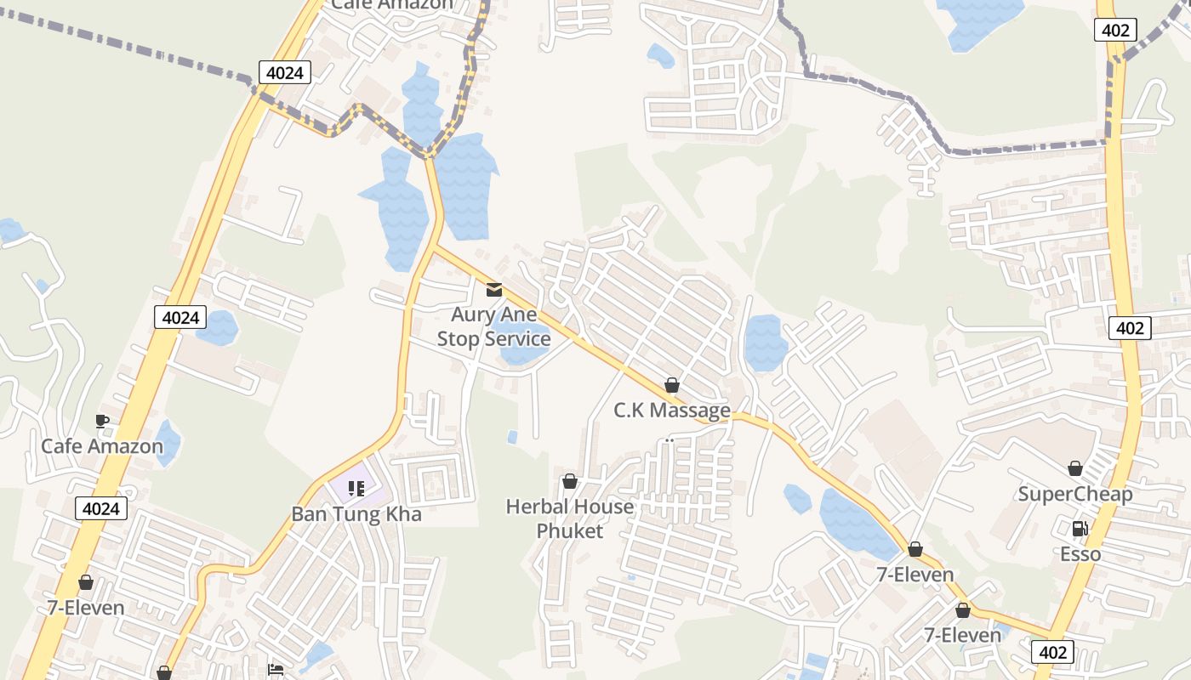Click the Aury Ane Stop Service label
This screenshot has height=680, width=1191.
493,327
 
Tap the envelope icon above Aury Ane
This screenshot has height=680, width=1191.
493,290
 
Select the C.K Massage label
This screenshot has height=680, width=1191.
672,411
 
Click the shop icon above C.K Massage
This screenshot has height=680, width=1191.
672,386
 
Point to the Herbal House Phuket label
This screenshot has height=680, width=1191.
570,518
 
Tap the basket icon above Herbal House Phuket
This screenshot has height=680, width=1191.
570,482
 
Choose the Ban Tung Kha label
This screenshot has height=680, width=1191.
356,514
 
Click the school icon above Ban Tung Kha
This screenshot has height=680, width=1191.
356,489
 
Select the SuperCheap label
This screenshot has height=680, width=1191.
1075,495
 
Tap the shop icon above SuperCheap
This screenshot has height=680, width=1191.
1075,468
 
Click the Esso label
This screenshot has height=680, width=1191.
1080,554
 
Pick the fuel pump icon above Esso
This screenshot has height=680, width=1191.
1080,529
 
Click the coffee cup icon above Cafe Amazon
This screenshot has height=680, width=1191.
102,421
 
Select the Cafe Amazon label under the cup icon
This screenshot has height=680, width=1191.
102,446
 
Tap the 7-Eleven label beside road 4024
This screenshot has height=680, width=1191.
86,608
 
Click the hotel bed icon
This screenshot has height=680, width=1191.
276,670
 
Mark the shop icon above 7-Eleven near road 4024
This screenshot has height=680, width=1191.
86,582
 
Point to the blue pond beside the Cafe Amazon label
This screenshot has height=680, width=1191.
168,442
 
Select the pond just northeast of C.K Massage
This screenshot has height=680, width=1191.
766,342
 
